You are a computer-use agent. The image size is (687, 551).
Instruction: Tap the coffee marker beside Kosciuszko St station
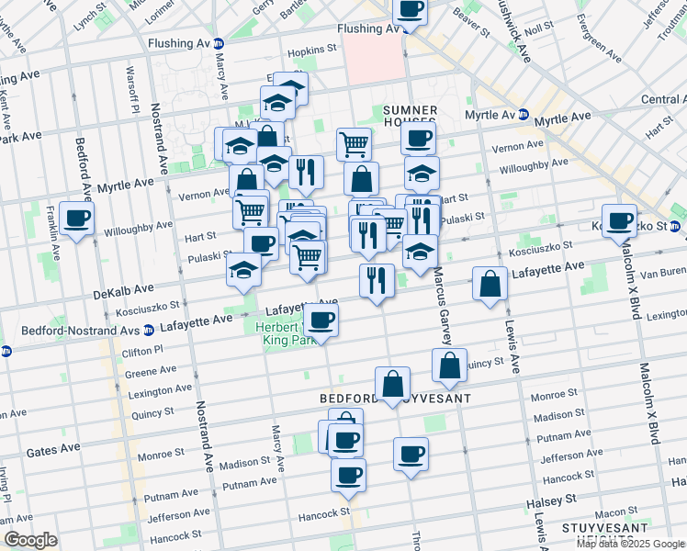621,220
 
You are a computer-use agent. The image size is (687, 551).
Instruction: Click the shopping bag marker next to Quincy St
449,365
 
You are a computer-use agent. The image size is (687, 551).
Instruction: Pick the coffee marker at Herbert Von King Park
321,320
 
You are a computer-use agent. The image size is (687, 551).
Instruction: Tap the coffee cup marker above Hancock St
348,475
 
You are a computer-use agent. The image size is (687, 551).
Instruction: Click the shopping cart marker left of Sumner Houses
354,143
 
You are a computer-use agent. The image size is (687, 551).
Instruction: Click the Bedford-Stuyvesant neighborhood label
395,399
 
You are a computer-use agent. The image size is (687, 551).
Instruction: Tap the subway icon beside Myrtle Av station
524,116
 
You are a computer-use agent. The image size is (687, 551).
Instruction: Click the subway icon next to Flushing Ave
219,43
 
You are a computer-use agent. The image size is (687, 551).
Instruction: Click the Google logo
31,540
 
